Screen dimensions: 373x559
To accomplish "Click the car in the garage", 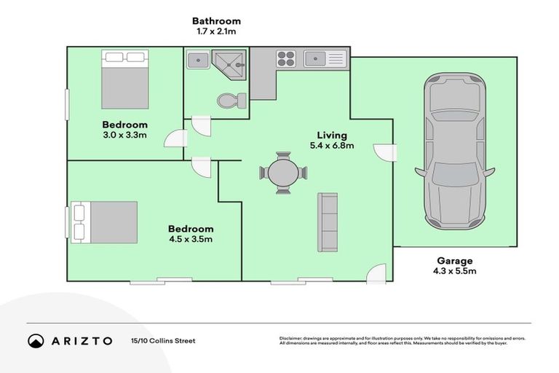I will pos(455,151).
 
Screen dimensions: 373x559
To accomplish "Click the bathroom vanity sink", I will pos(197,60).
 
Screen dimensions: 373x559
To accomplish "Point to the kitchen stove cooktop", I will pos(285,57).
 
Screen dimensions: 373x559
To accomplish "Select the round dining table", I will pos(283,173).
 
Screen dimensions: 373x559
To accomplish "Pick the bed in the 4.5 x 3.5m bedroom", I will pos(105,222).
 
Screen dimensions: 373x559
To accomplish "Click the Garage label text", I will pos(455,260).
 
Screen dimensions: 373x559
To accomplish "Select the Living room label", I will pos(331,135).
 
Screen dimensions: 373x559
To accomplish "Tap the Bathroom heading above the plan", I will pos(216,21).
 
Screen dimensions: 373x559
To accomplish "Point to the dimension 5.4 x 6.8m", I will pos(331,146).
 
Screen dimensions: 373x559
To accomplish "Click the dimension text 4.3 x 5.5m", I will pos(456,272).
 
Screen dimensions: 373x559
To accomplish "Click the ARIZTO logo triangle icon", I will pos(36,341).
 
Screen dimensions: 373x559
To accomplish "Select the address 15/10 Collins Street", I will pos(162,341).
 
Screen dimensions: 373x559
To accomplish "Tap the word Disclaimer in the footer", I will pos(293,339).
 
